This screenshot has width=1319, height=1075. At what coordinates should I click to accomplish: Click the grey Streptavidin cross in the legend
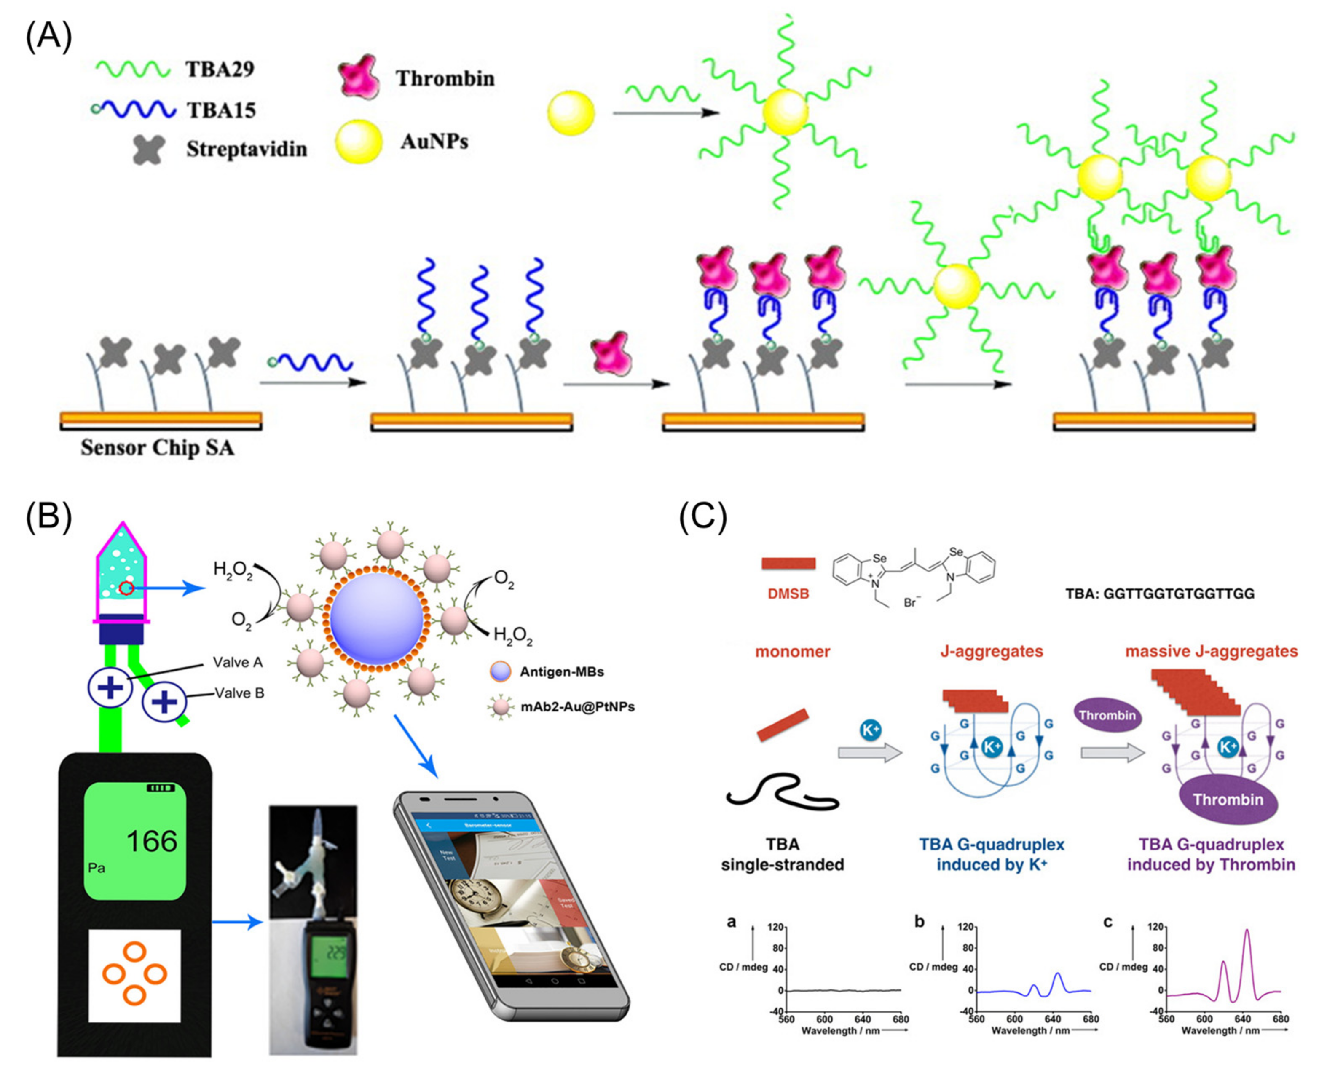click(149, 149)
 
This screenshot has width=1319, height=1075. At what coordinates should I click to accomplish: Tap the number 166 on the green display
click(152, 841)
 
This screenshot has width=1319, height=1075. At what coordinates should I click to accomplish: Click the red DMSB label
click(788, 593)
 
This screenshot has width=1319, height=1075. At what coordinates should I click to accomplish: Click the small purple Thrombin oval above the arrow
click(1107, 715)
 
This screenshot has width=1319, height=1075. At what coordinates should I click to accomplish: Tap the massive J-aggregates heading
click(1211, 651)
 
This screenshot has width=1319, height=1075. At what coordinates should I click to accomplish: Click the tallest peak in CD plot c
click(1247, 931)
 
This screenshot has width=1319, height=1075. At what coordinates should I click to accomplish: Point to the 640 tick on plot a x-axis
click(862, 1019)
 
